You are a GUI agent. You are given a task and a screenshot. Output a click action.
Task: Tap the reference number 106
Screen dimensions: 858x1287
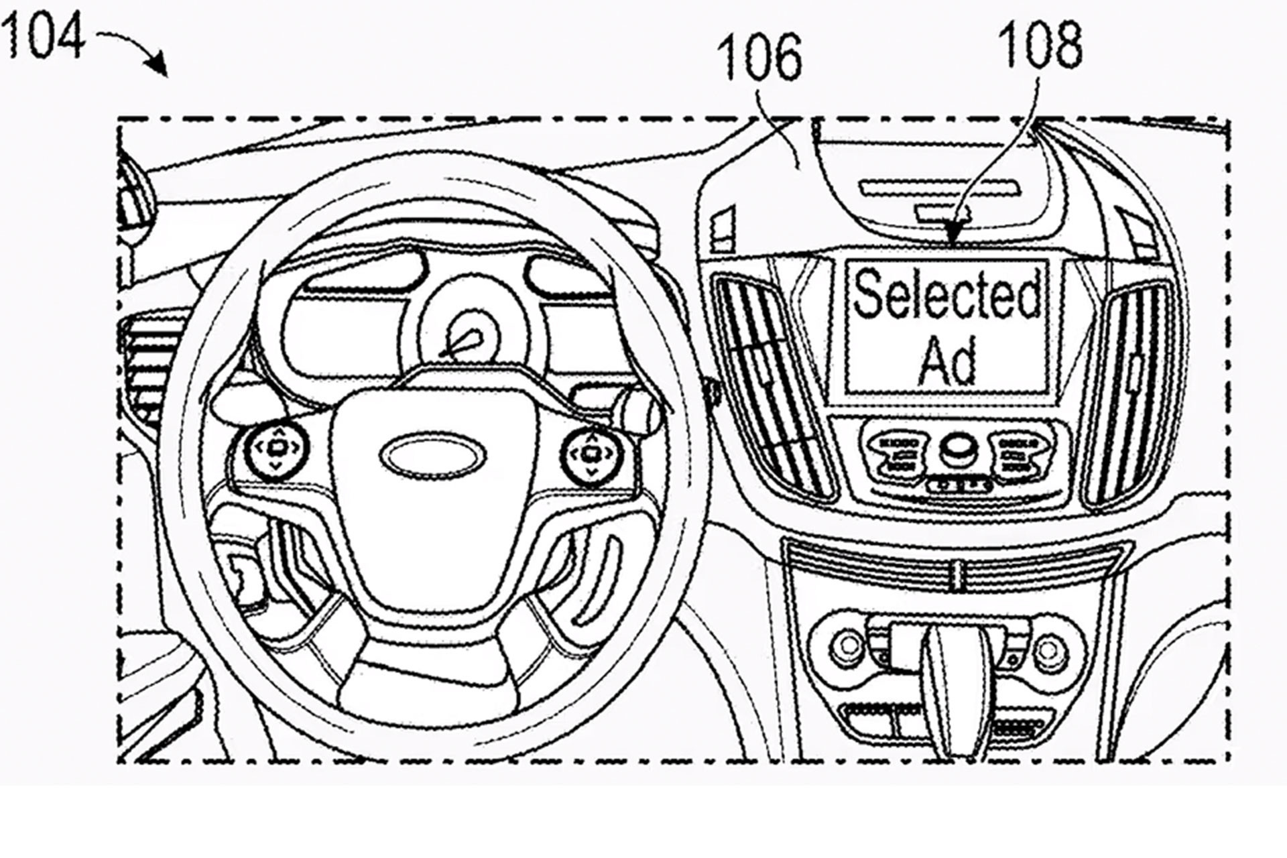point(759,57)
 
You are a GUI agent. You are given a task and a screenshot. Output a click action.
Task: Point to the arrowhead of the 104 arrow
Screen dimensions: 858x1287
point(160,67)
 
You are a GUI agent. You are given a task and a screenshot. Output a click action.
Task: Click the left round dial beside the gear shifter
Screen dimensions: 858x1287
point(846,648)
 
